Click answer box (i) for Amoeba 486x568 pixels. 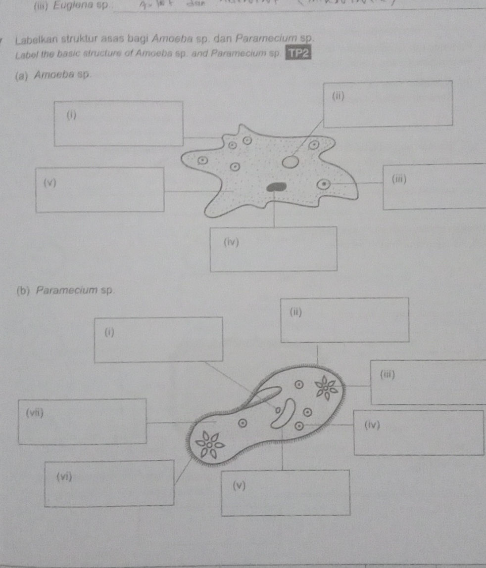pos(118,123)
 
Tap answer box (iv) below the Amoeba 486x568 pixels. pos(274,249)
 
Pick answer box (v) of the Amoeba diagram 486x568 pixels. pos(100,189)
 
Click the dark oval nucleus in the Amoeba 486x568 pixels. pos(277,186)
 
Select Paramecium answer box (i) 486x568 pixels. pos(158,339)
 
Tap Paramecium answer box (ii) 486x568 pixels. pos(344,319)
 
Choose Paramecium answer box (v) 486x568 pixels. pos(286,492)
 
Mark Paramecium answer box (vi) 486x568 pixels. pos(109,483)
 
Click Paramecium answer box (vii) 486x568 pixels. pos(82,421)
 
